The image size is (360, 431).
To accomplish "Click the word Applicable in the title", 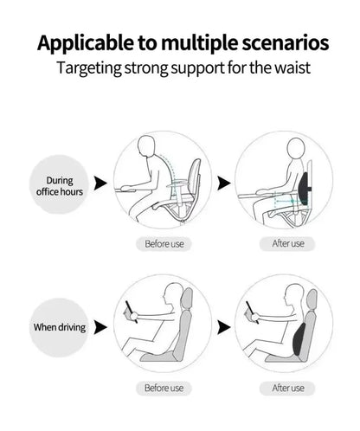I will click(x=83, y=42).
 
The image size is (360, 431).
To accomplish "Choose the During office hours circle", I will click(x=60, y=184).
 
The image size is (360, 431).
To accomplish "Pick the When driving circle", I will click(x=60, y=327).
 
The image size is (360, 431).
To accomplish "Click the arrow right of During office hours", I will click(x=100, y=183).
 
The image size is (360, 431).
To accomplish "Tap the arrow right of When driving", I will click(x=100, y=328).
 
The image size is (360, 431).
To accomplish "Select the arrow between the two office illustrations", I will click(x=223, y=183).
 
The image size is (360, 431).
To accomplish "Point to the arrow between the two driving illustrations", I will click(x=223, y=328).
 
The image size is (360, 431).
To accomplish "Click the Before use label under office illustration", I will click(x=164, y=243).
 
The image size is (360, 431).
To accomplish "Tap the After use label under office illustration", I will click(x=287, y=243).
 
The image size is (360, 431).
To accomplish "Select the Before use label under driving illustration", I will click(x=164, y=389).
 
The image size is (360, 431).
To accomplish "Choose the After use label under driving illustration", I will click(x=287, y=389).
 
